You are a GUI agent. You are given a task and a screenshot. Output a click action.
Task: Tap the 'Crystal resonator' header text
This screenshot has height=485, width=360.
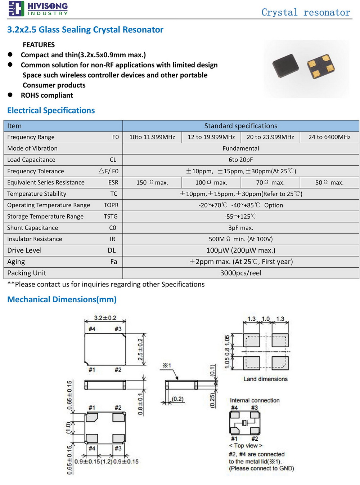click(x=306, y=13)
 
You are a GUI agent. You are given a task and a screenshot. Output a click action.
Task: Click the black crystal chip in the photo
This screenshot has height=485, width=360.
click(x=285, y=66)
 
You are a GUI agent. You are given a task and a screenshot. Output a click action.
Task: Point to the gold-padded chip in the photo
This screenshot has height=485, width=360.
click(x=321, y=66)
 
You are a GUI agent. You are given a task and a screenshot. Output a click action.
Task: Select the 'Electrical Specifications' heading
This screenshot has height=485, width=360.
click(x=51, y=111)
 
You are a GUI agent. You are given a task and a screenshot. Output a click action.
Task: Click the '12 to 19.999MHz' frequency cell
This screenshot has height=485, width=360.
click(x=211, y=137)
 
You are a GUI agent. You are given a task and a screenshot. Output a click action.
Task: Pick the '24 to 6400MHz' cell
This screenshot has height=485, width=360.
click(x=329, y=137)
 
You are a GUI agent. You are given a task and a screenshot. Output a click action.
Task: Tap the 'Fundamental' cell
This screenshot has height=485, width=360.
click(x=240, y=148)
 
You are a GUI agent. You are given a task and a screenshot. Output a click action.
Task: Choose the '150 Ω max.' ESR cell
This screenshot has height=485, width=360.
click(x=152, y=183)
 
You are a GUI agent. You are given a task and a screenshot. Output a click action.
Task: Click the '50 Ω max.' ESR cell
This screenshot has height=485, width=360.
click(x=329, y=183)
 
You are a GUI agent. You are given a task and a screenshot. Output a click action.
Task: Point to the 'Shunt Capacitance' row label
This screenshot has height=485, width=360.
click(x=32, y=228)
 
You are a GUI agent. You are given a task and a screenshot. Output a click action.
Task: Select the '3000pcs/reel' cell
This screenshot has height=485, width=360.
click(x=240, y=273)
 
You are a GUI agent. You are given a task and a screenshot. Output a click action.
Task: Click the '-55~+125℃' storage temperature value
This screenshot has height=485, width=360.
click(x=240, y=217)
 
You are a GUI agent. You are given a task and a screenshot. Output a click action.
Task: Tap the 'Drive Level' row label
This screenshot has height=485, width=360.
click(x=24, y=250)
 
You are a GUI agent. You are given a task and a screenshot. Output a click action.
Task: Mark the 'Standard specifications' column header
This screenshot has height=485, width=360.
click(x=240, y=126)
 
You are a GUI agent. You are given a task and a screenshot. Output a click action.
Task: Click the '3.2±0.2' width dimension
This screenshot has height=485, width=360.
click(x=105, y=318)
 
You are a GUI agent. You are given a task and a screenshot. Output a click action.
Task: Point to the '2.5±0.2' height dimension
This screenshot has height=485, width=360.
click(x=140, y=349)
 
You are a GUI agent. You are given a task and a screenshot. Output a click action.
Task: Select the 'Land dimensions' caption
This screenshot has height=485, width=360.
click(x=265, y=379)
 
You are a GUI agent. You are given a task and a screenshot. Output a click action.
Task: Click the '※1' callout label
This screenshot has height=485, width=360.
click(x=167, y=365)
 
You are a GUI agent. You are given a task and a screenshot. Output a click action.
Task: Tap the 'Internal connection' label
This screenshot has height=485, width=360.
click(x=255, y=400)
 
